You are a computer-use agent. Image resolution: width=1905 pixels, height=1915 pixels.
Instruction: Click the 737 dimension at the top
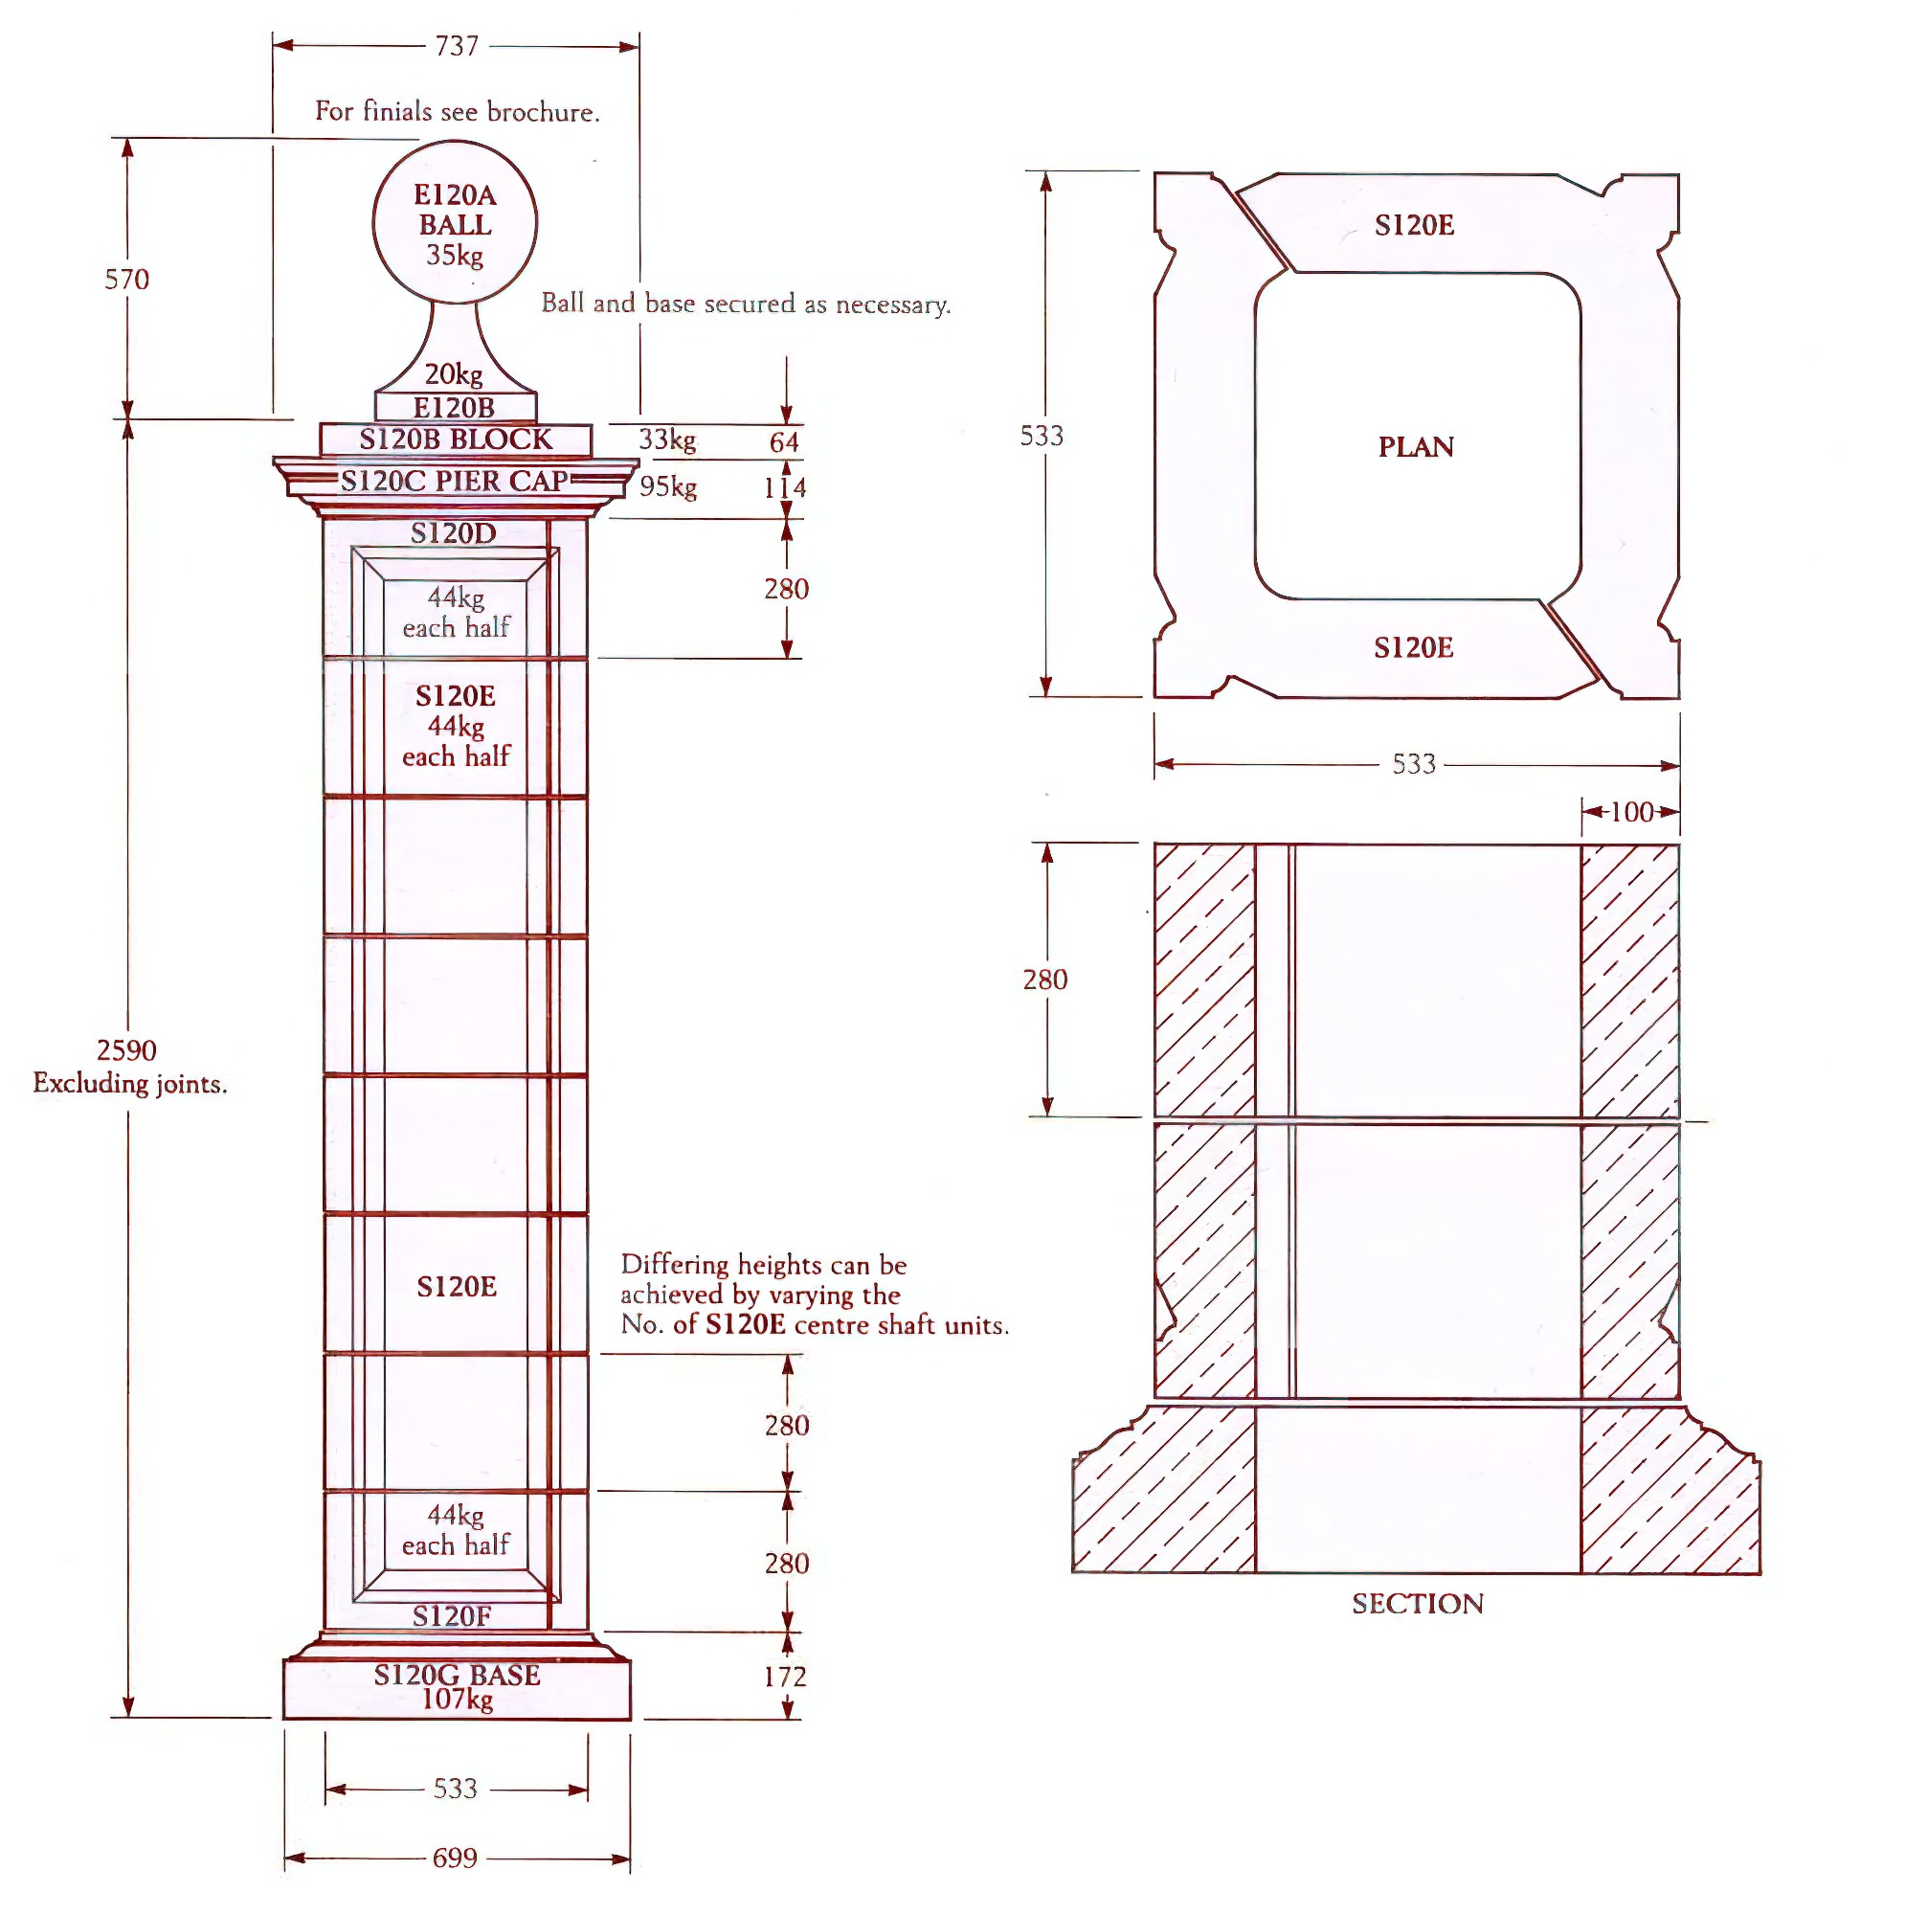pyautogui.click(x=456, y=46)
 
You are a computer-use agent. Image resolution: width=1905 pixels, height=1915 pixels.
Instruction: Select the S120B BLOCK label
pyautogui.click(x=455, y=439)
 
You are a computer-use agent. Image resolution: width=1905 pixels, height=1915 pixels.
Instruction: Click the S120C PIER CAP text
pyautogui.click(x=454, y=481)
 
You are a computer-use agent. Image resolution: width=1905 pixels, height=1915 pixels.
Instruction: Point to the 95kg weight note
pyautogui.click(x=668, y=486)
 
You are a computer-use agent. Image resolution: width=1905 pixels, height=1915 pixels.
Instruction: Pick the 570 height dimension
pyautogui.click(x=127, y=279)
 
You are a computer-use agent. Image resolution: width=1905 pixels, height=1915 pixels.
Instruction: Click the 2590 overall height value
pyautogui.click(x=127, y=1049)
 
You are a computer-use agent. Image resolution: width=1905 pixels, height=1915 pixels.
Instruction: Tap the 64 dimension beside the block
pyautogui.click(x=784, y=442)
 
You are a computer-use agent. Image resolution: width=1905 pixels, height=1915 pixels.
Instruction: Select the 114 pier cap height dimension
pyautogui.click(x=784, y=487)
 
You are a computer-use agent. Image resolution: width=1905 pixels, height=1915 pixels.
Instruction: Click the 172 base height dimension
pyautogui.click(x=785, y=1677)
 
